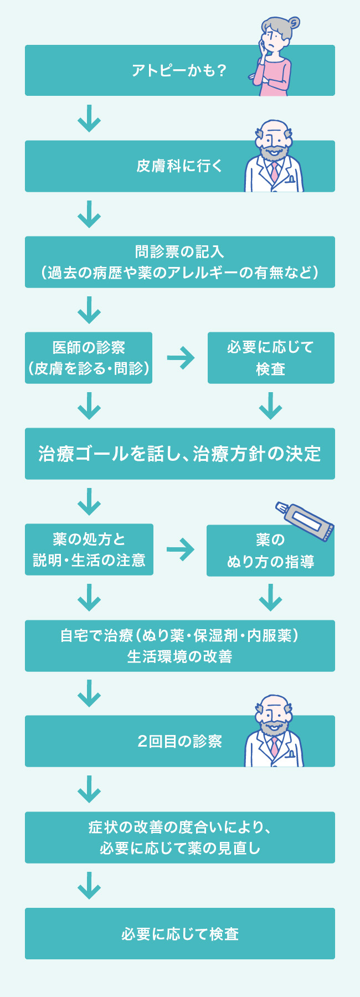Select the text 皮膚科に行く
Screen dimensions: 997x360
(179, 166)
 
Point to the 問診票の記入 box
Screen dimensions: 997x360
(179, 262)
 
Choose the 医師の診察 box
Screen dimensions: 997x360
(89, 358)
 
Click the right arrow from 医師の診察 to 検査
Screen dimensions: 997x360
(181, 358)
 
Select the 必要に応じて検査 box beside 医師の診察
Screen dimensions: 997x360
(271, 358)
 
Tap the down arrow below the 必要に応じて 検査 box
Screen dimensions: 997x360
(271, 405)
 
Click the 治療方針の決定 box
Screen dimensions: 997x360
(179, 454)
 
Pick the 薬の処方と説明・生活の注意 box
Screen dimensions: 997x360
(89, 549)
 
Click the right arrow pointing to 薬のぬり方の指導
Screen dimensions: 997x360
(181, 549)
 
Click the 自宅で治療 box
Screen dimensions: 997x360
(179, 646)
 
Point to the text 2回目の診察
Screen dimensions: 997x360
(179, 741)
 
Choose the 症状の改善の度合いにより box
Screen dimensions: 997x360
(179, 837)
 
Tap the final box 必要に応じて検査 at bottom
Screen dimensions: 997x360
(179, 934)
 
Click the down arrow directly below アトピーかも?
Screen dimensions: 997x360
(89, 119)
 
